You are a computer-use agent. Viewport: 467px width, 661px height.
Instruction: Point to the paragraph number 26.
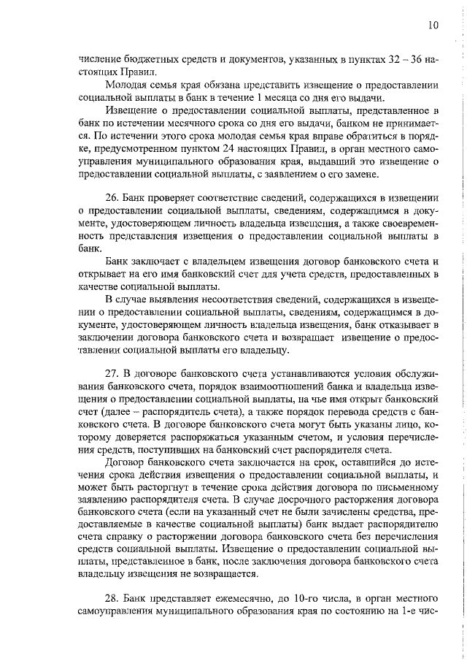click(x=113, y=198)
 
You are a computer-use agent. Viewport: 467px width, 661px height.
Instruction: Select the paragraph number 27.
click(x=113, y=372)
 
